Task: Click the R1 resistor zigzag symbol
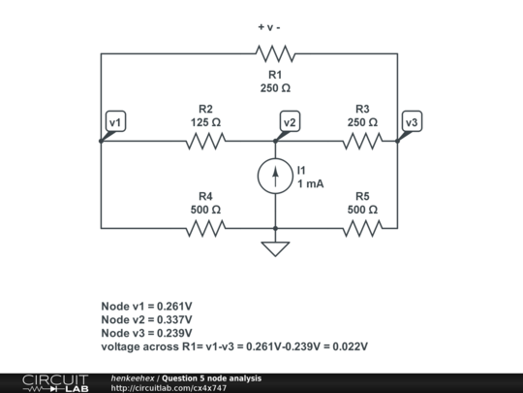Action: (x=275, y=53)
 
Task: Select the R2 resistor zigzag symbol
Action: (x=205, y=142)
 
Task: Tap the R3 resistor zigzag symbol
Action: (x=361, y=142)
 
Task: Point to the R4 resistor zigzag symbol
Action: (x=205, y=229)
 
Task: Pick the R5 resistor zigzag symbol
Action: (x=361, y=229)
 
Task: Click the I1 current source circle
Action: (x=275, y=176)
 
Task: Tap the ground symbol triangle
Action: (x=275, y=248)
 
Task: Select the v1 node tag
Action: (x=115, y=122)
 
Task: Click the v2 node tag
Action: (x=290, y=122)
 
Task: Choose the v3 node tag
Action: (x=412, y=122)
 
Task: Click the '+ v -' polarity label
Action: (x=274, y=26)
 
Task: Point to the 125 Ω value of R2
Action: (x=205, y=123)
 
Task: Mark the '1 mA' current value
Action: (x=310, y=184)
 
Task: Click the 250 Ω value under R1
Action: (x=275, y=88)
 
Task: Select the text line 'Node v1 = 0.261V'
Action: (x=146, y=306)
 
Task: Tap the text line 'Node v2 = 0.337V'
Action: (x=146, y=319)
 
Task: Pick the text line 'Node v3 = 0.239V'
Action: (x=146, y=333)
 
